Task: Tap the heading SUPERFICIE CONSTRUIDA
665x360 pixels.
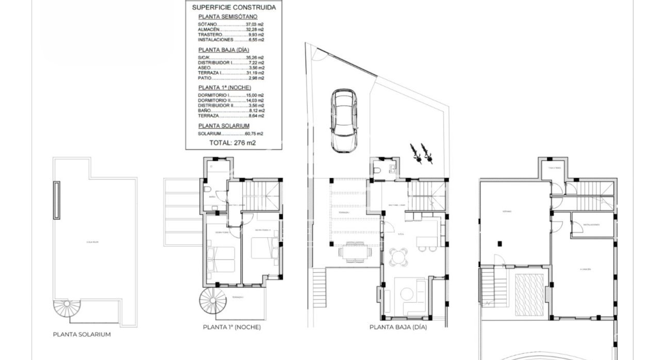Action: [234, 8]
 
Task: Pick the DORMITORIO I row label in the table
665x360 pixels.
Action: [214, 95]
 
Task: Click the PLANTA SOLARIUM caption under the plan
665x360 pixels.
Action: [82, 334]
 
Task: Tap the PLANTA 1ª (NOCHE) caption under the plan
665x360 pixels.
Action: [231, 327]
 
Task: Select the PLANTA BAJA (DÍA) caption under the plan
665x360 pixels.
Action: [398, 327]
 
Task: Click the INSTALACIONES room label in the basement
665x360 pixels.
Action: [591, 225]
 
